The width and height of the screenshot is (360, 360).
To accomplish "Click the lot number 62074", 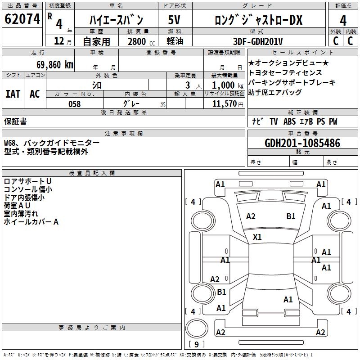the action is [22, 19].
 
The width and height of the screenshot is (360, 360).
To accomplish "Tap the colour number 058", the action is [75, 104].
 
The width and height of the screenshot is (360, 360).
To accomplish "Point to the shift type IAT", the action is [13, 94].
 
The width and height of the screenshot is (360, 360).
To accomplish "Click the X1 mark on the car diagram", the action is [257, 237].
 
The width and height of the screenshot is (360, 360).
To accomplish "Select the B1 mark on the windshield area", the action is [291, 216].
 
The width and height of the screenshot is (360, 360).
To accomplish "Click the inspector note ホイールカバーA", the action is [31, 222].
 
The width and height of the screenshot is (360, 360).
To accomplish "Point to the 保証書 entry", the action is [15, 121].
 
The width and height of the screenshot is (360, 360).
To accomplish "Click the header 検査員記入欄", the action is [92, 173].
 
